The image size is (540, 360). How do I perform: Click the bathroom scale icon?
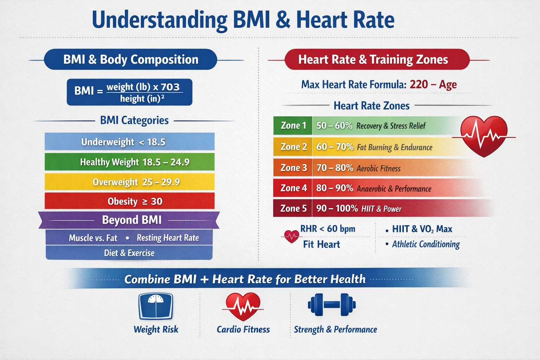(156, 306)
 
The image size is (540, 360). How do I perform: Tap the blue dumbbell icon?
(332, 304)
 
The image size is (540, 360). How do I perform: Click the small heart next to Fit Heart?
(291, 237)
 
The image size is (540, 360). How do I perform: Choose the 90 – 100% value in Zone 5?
(337, 208)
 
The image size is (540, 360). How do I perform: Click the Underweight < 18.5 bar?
(129, 142)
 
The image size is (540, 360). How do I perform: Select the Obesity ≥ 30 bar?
(129, 201)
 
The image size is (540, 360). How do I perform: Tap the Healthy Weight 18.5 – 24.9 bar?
(129, 162)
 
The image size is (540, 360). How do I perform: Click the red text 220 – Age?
(433, 84)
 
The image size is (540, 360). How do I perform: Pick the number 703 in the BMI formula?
(170, 87)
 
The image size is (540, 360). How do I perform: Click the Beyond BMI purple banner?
(129, 220)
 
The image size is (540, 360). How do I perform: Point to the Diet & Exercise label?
(129, 253)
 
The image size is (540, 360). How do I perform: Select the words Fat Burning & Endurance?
(395, 147)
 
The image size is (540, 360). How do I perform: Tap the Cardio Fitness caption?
(243, 329)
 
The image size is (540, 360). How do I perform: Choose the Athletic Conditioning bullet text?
(426, 244)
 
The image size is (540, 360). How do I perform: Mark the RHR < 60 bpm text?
(328, 229)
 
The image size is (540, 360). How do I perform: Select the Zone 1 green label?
(293, 126)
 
